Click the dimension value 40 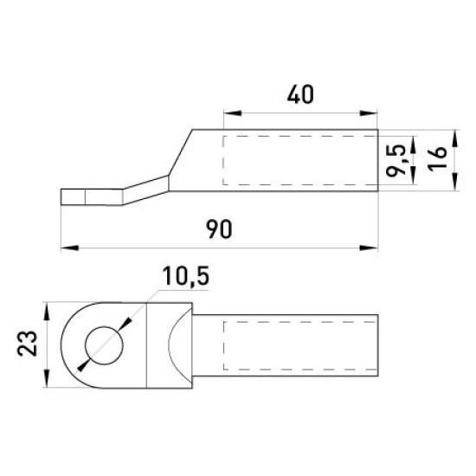pyautogui.click(x=300, y=94)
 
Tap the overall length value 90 pyautogui.click(x=219, y=229)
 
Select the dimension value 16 pyautogui.click(x=437, y=158)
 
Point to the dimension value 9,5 pyautogui.click(x=396, y=161)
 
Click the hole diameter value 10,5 pyautogui.click(x=186, y=276)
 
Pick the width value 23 pyautogui.click(x=27, y=344)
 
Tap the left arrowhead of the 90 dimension pyautogui.click(x=70, y=248)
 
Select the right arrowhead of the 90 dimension pyautogui.click(x=369, y=248)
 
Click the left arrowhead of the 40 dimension pyautogui.click(x=233, y=113)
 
